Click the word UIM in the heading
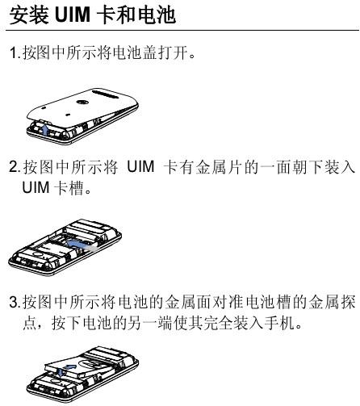(72, 15)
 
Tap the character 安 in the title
(19, 15)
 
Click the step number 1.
(14, 52)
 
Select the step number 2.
(14, 167)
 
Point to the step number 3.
(14, 302)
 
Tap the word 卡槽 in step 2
(69, 187)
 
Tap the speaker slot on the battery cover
(107, 94)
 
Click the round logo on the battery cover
(81, 103)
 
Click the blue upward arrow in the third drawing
(61, 371)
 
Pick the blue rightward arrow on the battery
(70, 367)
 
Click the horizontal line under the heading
(182, 30)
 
